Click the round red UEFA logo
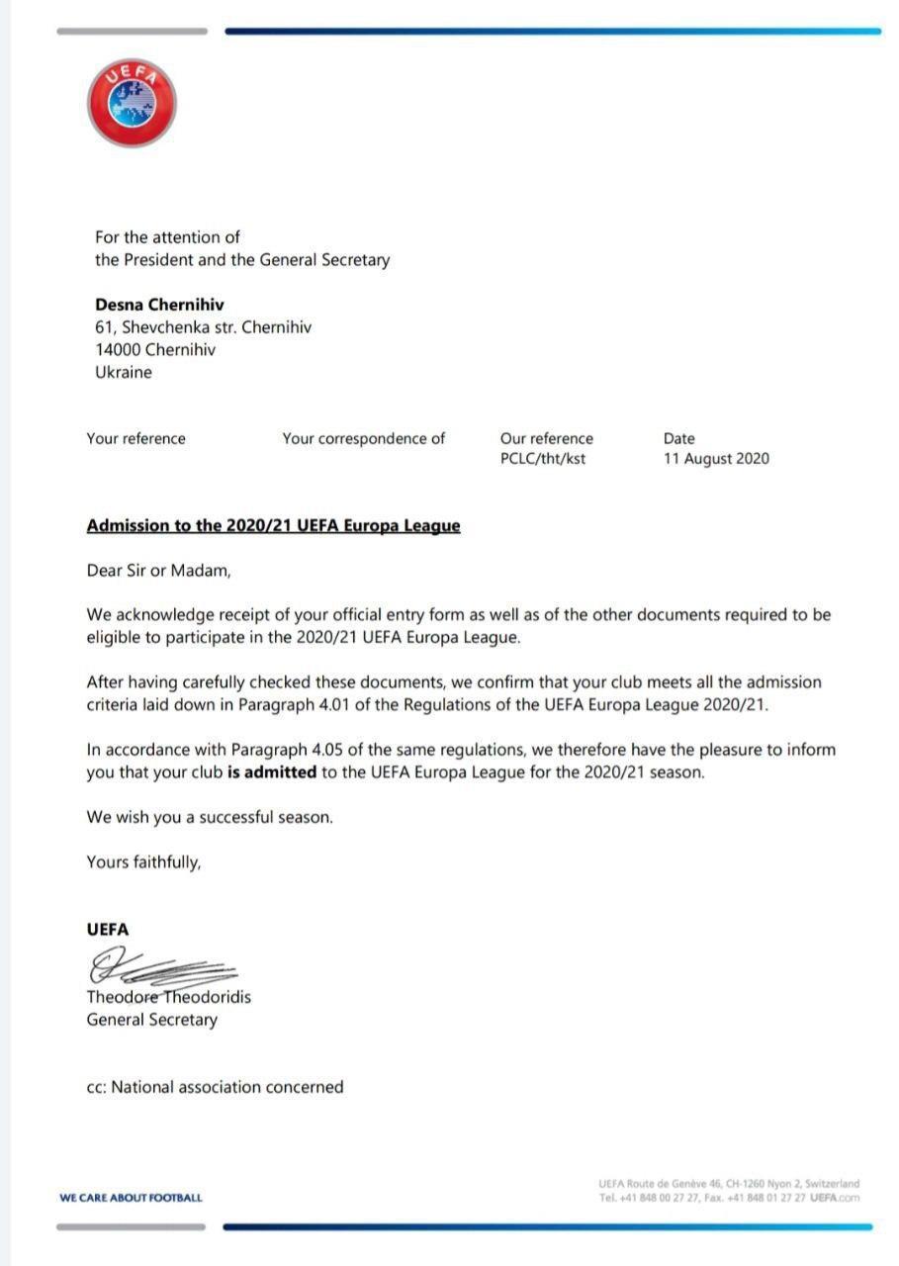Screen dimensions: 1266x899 click(x=132, y=103)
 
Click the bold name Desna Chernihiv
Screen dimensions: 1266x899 click(x=159, y=305)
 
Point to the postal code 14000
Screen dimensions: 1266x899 click(x=118, y=350)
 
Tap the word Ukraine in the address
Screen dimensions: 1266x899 click(x=124, y=373)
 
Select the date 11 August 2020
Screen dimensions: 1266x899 click(x=716, y=459)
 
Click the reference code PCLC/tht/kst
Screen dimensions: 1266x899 click(x=543, y=459)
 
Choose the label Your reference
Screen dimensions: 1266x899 click(x=135, y=438)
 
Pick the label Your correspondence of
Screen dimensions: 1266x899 click(x=363, y=438)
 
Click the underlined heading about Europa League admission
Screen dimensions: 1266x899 click(x=273, y=525)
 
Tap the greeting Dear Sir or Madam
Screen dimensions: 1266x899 click(x=158, y=571)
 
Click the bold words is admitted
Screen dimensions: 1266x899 click(x=273, y=772)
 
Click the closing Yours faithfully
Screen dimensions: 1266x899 click(x=143, y=862)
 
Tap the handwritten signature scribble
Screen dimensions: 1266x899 click(x=158, y=966)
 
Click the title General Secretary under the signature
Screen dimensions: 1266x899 click(x=151, y=1020)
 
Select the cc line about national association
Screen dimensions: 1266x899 click(x=215, y=1087)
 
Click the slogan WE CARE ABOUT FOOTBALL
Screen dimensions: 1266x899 click(x=131, y=1198)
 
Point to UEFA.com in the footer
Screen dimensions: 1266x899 click(x=835, y=1198)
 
